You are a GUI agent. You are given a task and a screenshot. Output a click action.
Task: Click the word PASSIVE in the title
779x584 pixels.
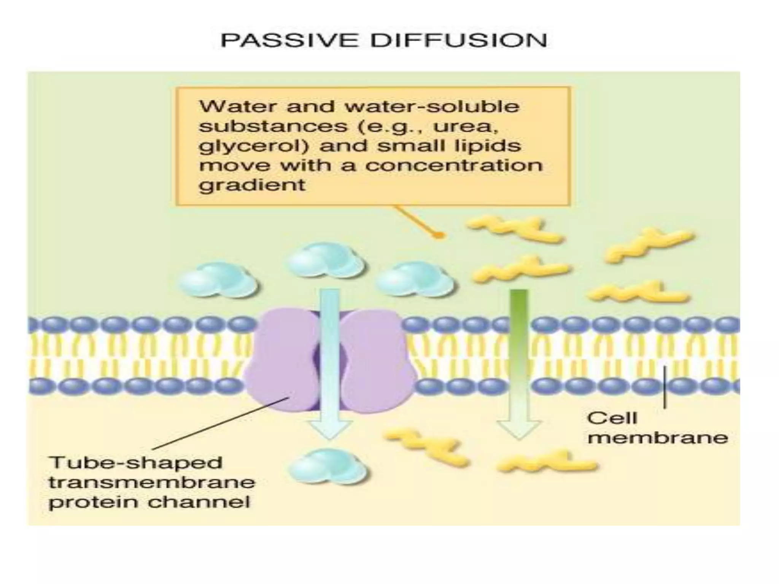tap(289, 41)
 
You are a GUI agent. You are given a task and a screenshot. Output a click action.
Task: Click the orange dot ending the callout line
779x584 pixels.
tap(439, 235)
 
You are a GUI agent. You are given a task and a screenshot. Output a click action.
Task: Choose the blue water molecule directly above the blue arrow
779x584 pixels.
tap(325, 260)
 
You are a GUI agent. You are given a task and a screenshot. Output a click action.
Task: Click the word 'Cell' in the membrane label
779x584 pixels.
tap(612, 418)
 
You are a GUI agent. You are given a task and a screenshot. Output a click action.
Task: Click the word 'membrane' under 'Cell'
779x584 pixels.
tap(658, 438)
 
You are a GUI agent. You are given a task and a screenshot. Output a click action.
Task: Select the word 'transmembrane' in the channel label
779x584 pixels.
tap(152, 483)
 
